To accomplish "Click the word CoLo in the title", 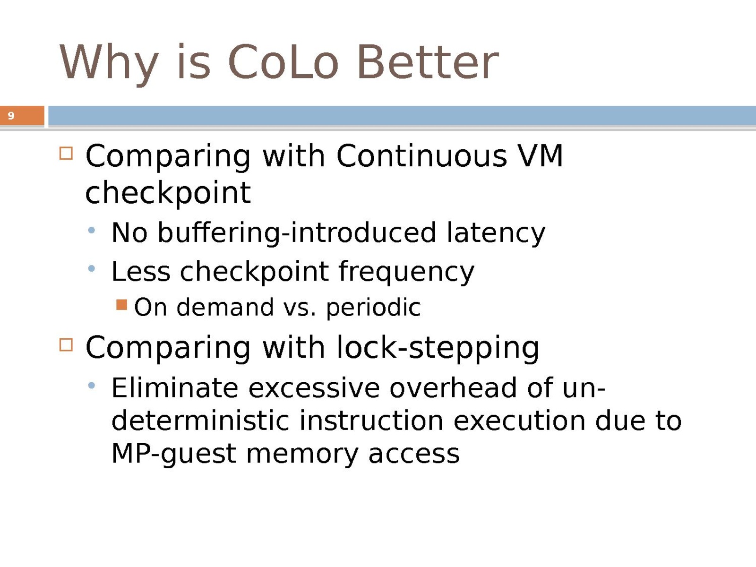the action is click(283, 62).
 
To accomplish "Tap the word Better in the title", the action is click(428, 62).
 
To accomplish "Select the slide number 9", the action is click(11, 116).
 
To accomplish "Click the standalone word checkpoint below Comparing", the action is click(168, 193).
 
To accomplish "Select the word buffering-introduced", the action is click(297, 233).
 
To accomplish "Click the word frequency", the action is click(406, 272).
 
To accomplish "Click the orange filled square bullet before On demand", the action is click(121, 305).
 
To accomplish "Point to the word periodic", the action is click(373, 308).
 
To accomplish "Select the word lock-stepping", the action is click(438, 348).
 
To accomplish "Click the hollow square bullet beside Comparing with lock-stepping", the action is click(66, 344).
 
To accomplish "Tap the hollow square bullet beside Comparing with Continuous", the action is click(66, 153).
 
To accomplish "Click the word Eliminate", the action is click(175, 388).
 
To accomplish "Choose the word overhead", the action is click(453, 388).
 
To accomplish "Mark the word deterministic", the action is click(200, 421).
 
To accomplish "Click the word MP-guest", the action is click(174, 454).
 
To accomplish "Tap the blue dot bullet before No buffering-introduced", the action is click(91, 230).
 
